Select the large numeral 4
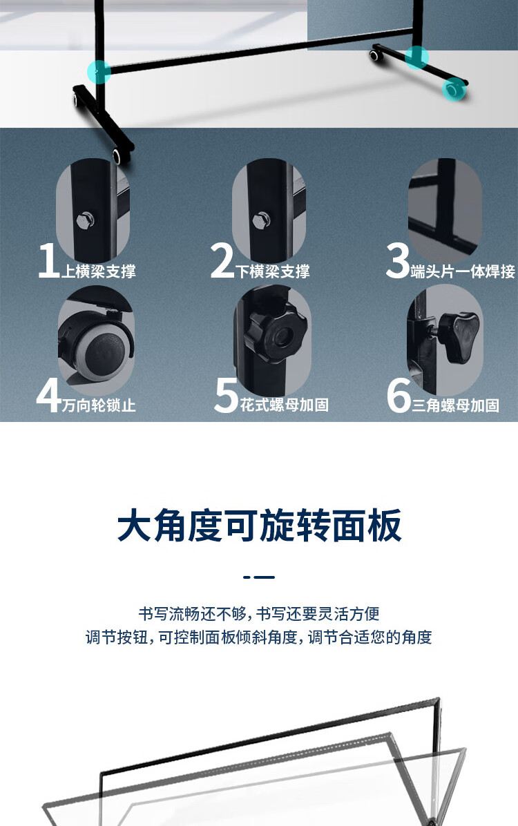tap(49, 395)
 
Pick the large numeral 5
tap(227, 395)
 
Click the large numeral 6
tap(399, 395)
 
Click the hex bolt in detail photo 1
tap(85, 220)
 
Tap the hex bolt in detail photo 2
tap(261, 220)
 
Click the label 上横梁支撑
tap(99, 271)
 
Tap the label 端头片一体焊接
tap(463, 271)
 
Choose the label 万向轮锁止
tap(99, 405)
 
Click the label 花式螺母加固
tap(285, 405)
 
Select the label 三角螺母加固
tap(455, 405)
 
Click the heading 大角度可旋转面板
tap(259, 525)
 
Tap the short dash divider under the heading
tap(259, 577)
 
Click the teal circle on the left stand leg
tap(99, 72)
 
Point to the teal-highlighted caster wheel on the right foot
tap(452, 90)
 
